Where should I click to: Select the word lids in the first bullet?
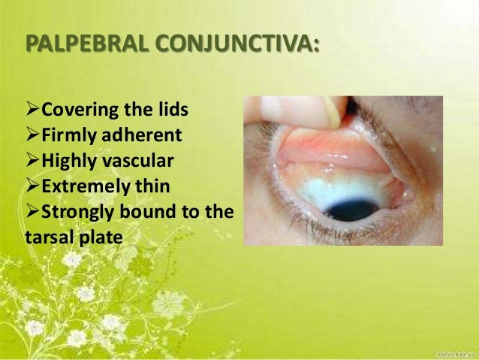click(173, 112)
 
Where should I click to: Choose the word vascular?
click(143, 161)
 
